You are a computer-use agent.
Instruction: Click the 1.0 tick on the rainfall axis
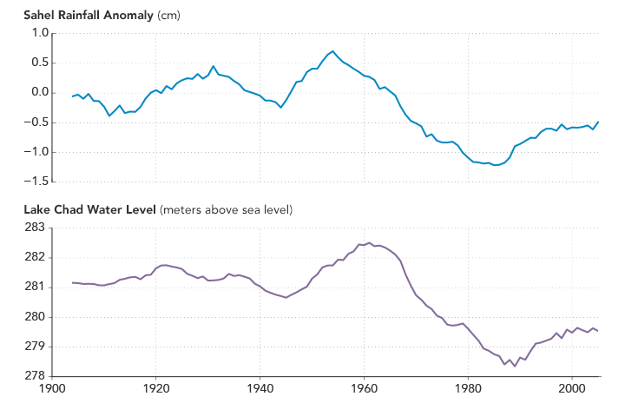click(37, 33)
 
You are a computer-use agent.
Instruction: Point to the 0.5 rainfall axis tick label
click(37, 63)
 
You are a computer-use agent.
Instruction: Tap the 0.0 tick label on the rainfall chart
click(37, 92)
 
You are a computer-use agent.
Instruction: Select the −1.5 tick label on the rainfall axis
click(35, 182)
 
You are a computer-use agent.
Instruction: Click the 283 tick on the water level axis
click(37, 228)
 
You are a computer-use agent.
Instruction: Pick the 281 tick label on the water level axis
click(37, 287)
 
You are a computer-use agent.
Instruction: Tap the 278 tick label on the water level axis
click(37, 376)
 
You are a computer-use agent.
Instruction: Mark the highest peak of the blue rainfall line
click(332, 51)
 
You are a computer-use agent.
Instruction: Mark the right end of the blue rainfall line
click(598, 122)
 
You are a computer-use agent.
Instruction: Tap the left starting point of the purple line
click(73, 282)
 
